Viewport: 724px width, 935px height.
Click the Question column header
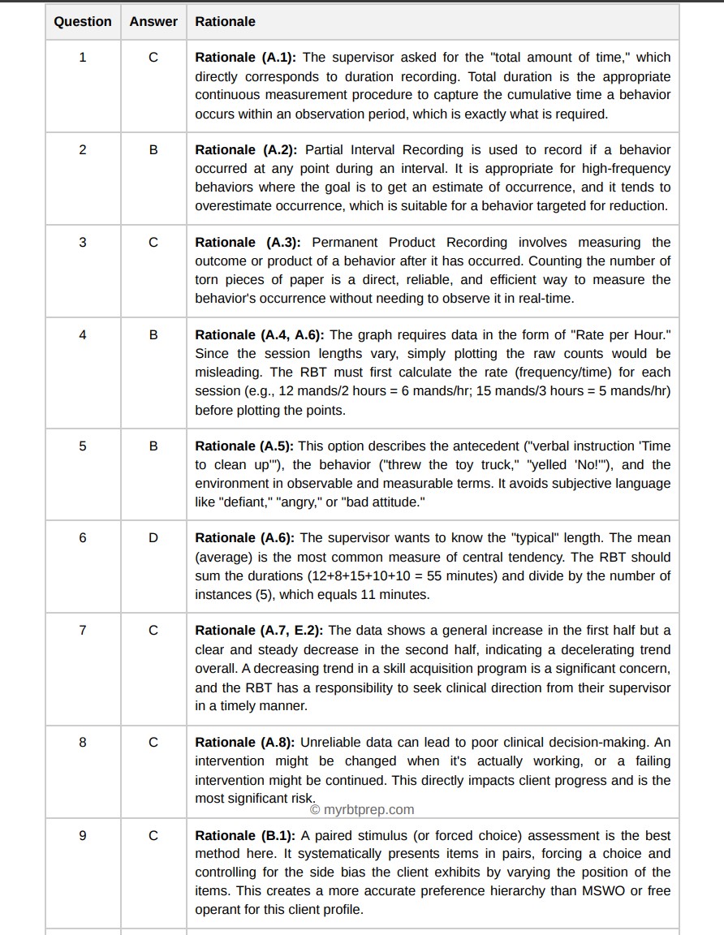point(83,22)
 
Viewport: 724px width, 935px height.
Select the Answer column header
point(153,22)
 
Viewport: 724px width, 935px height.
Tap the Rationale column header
point(225,22)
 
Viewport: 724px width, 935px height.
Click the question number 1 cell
point(83,57)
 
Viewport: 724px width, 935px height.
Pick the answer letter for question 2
point(153,149)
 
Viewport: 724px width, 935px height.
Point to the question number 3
point(83,242)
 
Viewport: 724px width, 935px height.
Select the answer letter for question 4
point(153,334)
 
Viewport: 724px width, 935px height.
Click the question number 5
point(83,446)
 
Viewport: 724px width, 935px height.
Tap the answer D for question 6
point(153,537)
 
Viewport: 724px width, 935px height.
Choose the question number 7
point(83,630)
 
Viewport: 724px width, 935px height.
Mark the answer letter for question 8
point(153,742)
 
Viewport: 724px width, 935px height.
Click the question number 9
point(83,835)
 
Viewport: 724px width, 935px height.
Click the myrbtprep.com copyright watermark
point(362,809)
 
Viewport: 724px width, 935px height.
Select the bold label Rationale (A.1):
point(246,58)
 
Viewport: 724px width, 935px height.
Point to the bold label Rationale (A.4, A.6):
point(260,335)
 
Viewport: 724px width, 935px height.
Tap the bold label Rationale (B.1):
point(246,835)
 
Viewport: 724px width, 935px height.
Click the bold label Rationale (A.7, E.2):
point(259,631)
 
